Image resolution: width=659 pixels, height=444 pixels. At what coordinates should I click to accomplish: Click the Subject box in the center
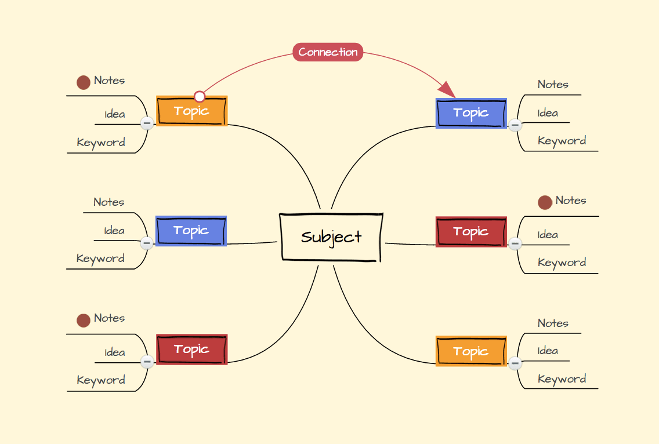pyautogui.click(x=331, y=237)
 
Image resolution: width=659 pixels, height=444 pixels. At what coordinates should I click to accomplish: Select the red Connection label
pyautogui.click(x=328, y=52)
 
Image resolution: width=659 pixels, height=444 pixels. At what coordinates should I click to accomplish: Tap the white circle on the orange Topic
pyautogui.click(x=200, y=96)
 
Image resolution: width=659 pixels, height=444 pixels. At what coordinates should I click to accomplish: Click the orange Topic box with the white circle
pyautogui.click(x=191, y=111)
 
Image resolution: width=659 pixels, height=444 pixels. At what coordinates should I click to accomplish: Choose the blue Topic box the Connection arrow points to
pyautogui.click(x=471, y=113)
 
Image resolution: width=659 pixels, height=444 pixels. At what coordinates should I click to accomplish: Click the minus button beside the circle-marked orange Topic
pyautogui.click(x=147, y=123)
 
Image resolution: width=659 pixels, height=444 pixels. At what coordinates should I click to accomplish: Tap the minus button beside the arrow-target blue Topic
pyautogui.click(x=515, y=125)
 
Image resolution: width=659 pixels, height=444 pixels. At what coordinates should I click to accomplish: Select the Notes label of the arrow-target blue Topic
pyautogui.click(x=553, y=85)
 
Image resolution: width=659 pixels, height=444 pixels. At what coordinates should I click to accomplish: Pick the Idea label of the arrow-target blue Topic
pyautogui.click(x=548, y=113)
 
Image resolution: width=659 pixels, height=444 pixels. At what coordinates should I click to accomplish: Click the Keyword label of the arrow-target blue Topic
pyautogui.click(x=562, y=141)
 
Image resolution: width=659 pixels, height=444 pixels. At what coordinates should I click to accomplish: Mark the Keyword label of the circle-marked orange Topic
pyautogui.click(x=101, y=143)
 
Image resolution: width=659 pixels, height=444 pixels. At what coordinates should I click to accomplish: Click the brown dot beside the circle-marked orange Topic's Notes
pyautogui.click(x=84, y=82)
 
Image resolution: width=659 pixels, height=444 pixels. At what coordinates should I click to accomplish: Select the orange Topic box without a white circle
pyautogui.click(x=471, y=351)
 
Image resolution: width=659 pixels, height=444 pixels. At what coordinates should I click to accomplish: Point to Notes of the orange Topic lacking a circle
pyautogui.click(x=553, y=323)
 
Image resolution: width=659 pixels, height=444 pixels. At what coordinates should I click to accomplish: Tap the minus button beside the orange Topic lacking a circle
pyautogui.click(x=515, y=363)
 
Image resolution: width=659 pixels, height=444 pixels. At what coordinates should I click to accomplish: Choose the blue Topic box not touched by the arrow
pyautogui.click(x=191, y=231)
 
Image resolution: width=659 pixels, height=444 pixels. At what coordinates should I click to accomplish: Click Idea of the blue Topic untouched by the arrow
pyautogui.click(x=114, y=231)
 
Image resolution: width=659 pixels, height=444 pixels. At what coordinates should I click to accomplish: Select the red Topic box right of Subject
pyautogui.click(x=471, y=232)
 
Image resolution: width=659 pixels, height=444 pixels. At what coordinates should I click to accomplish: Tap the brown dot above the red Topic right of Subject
pyautogui.click(x=545, y=202)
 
